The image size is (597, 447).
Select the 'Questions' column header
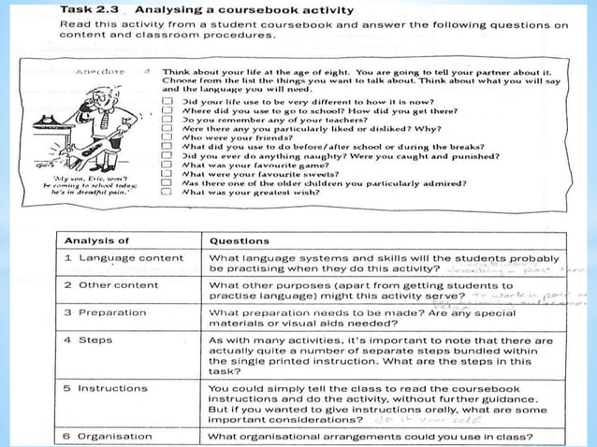tap(240, 239)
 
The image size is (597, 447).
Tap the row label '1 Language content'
tap(124, 258)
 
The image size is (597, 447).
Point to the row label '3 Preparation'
tap(106, 312)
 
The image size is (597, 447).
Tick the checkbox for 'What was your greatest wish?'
tap(167, 192)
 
